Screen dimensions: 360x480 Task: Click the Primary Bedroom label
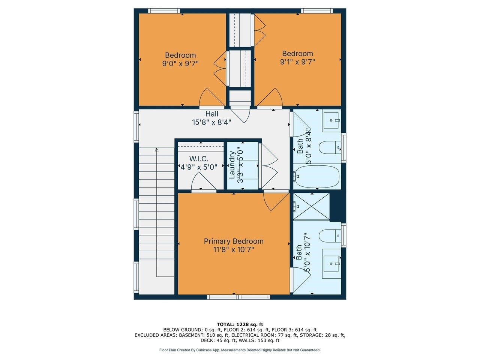tap(233, 241)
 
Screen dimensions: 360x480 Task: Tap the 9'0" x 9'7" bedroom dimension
tap(180, 63)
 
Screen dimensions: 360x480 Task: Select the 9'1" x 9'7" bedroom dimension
tap(297, 61)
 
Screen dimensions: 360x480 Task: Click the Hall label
tap(211, 114)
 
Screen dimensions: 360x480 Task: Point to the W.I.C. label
tap(199, 159)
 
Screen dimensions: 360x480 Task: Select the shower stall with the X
tap(311, 206)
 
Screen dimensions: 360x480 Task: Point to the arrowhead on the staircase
tap(156, 150)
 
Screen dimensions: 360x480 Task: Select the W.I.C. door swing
tap(202, 182)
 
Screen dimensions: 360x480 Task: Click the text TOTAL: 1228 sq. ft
tap(240, 324)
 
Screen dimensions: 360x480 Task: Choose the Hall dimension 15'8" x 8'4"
tap(211, 122)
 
